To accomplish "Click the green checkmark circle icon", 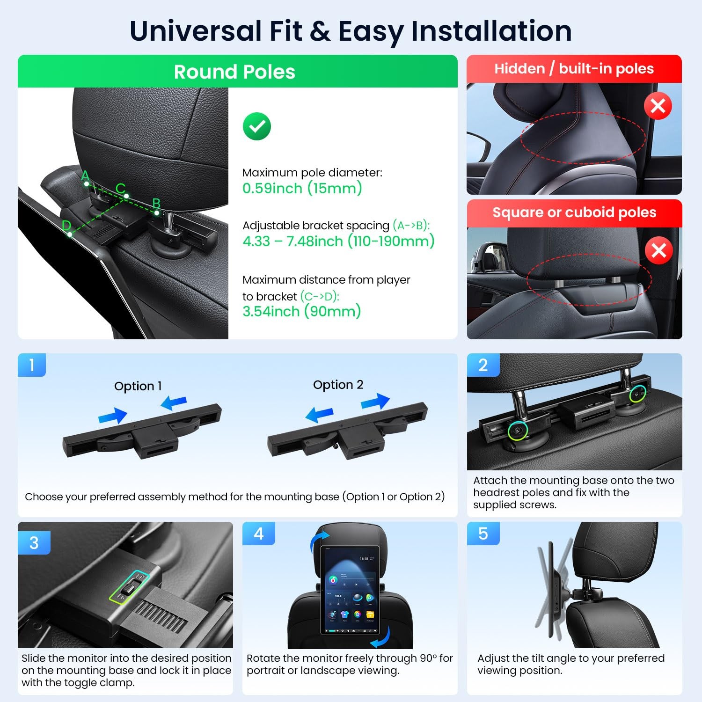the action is click(257, 126).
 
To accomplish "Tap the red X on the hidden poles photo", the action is click(658, 106).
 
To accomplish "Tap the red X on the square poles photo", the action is click(659, 250).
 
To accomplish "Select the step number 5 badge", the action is click(483, 534).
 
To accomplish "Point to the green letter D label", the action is click(66, 226).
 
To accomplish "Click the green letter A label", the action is click(85, 175).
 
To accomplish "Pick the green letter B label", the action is click(156, 204).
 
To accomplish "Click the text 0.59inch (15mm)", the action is click(302, 189).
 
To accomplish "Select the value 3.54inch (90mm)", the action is click(302, 312).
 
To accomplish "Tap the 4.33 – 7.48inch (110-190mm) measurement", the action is click(338, 241).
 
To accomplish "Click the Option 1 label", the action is click(138, 386).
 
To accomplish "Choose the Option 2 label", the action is click(338, 385).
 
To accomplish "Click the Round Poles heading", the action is click(234, 72).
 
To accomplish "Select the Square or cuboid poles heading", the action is click(574, 212).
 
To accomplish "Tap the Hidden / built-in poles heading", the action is click(574, 69).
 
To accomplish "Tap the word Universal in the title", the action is click(195, 31).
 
